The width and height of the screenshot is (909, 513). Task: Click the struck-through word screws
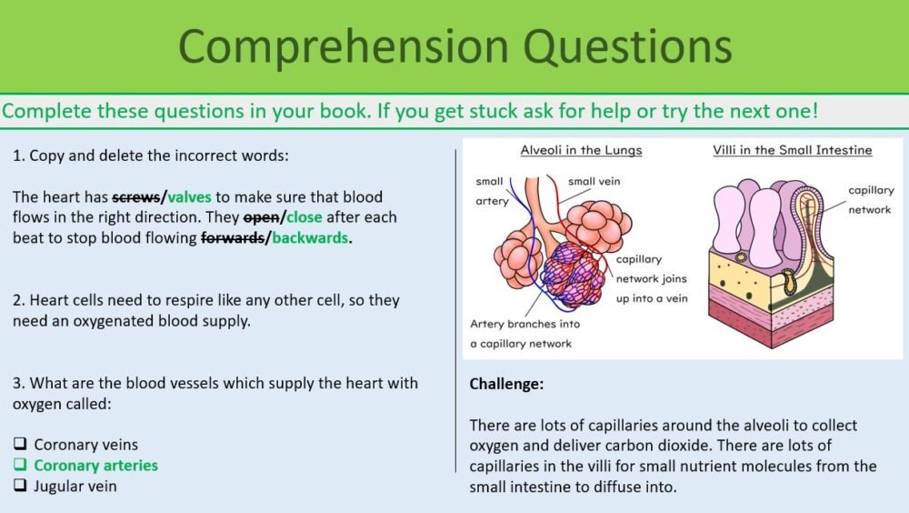pyautogui.click(x=135, y=196)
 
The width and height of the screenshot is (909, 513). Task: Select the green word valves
pyautogui.click(x=189, y=196)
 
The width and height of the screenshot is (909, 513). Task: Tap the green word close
pyautogui.click(x=305, y=217)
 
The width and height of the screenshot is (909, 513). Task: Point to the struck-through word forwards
pyautogui.click(x=235, y=238)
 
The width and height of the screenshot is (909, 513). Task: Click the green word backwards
pyautogui.click(x=310, y=238)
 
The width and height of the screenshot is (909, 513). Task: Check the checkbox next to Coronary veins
pyautogui.click(x=20, y=445)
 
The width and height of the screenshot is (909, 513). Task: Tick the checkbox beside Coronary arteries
pyautogui.click(x=20, y=466)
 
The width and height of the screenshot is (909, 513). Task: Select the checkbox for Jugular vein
pyautogui.click(x=20, y=486)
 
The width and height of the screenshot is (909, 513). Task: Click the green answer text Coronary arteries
pyautogui.click(x=95, y=466)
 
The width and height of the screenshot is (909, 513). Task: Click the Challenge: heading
pyautogui.click(x=506, y=384)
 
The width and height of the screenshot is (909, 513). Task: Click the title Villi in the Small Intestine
pyautogui.click(x=792, y=150)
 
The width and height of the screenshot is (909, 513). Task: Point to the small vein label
pyautogui.click(x=594, y=182)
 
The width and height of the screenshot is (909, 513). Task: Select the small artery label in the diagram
pyautogui.click(x=491, y=191)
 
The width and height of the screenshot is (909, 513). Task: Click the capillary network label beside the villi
pyautogui.click(x=869, y=200)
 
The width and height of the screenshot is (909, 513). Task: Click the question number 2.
pyautogui.click(x=17, y=300)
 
